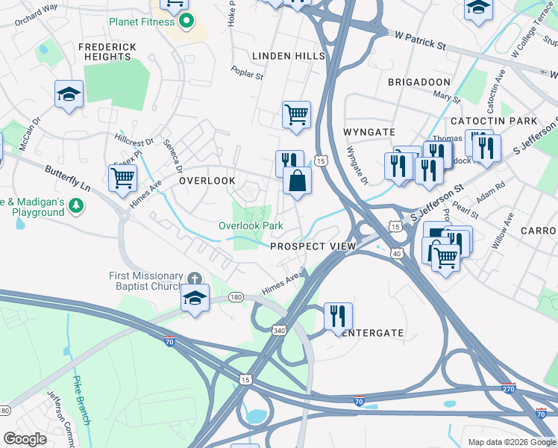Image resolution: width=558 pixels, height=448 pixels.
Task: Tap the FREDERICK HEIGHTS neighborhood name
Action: (x=108, y=52)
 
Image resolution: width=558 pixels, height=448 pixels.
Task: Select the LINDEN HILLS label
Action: (x=288, y=56)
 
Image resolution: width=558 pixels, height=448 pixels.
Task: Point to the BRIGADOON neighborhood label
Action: (x=418, y=81)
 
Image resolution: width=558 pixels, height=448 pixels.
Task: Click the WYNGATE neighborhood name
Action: (x=368, y=131)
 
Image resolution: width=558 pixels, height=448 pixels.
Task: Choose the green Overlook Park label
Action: (x=251, y=225)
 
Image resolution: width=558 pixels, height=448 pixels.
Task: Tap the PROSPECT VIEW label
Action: (x=313, y=246)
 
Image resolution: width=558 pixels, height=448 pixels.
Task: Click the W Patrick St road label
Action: (x=420, y=41)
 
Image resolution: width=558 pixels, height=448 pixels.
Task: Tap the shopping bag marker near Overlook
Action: (x=297, y=181)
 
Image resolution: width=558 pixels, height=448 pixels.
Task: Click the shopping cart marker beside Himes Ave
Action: (x=122, y=178)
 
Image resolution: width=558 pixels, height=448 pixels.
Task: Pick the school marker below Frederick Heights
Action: (x=69, y=94)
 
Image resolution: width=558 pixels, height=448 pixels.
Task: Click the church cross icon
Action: (x=195, y=278)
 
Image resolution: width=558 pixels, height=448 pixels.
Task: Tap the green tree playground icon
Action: (x=75, y=205)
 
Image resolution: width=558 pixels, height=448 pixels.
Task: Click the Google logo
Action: (x=25, y=439)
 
